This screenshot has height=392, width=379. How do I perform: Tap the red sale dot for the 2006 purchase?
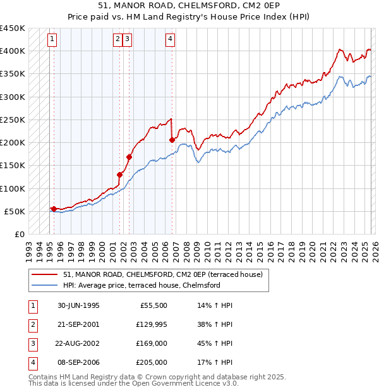click(172, 140)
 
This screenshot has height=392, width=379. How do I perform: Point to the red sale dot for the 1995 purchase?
click(54, 209)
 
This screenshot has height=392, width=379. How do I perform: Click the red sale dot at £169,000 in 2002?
click(129, 157)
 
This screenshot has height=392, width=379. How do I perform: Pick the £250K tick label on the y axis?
click(13, 119)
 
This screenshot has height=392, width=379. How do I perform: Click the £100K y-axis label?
click(13, 188)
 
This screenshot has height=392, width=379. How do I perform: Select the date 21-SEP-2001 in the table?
click(78, 324)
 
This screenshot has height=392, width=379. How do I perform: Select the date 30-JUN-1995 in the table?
click(78, 305)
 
